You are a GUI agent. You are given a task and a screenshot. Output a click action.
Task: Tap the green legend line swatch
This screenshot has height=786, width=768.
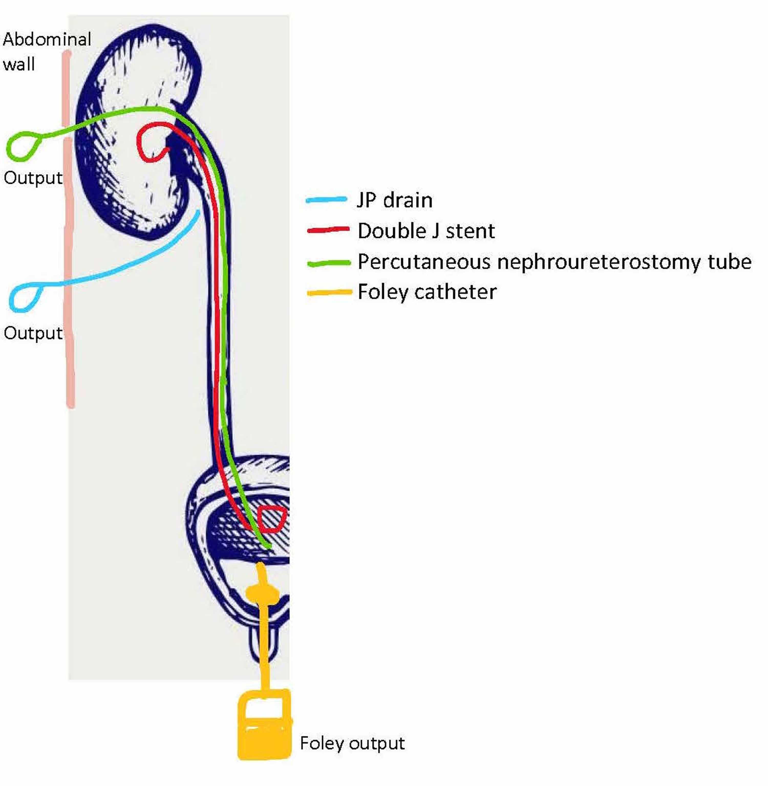[328, 263]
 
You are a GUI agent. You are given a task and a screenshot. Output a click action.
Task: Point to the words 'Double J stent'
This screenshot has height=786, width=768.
[426, 231]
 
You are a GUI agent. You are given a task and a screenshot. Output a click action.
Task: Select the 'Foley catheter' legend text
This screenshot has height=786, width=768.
[427, 292]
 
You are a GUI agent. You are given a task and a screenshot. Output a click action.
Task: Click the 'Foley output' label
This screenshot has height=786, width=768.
[352, 743]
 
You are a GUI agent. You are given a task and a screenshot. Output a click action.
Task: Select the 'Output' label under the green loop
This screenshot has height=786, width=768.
[33, 178]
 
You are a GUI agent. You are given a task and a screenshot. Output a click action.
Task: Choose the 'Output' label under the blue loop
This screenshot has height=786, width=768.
[33, 333]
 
